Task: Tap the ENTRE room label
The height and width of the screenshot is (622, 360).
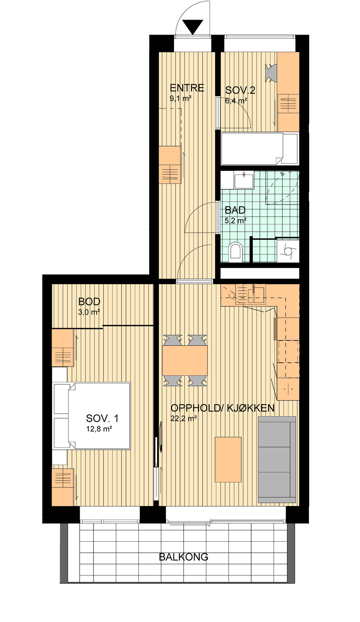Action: [187, 88]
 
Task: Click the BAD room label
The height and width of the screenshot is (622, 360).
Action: [235, 210]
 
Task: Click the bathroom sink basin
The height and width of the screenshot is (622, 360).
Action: [244, 181]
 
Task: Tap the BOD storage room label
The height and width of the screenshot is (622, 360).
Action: [89, 301]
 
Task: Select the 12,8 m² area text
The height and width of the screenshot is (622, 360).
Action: [99, 429]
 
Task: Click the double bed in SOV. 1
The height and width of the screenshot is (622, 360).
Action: [92, 416]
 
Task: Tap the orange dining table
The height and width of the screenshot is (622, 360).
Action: [185, 360]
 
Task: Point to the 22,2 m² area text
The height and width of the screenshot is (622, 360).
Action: [184, 418]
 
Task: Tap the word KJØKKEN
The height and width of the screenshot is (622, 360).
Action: [251, 408]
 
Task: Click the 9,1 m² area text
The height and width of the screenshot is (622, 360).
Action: [181, 98]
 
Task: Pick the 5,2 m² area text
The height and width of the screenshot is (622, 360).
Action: [236, 221]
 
